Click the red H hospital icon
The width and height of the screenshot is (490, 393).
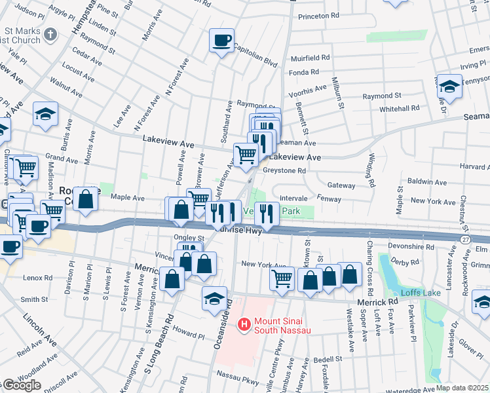(244, 324)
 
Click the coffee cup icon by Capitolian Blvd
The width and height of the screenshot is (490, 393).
(221, 41)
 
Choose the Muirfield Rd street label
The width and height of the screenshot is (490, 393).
(311, 58)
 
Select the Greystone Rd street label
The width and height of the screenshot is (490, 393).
(284, 171)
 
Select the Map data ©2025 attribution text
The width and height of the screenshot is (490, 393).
(462, 388)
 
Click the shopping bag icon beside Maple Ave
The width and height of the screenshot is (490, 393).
(85, 198)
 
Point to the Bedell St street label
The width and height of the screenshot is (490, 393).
(328, 360)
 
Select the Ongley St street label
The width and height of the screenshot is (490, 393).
(189, 238)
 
